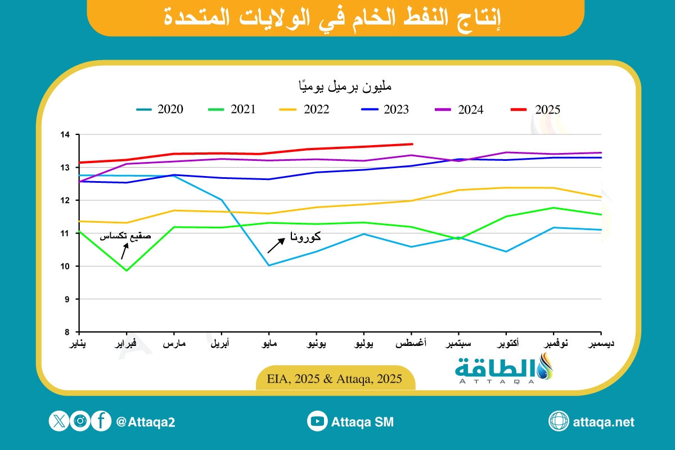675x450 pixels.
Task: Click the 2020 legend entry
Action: (x=160, y=110)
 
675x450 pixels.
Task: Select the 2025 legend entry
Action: (x=537, y=110)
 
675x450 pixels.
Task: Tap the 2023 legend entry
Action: (x=386, y=110)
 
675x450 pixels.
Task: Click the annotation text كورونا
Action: (x=307, y=236)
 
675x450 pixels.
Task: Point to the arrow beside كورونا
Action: (x=276, y=245)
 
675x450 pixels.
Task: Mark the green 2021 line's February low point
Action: (x=127, y=270)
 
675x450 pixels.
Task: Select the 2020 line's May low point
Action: (x=269, y=265)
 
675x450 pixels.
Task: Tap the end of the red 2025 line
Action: (x=412, y=144)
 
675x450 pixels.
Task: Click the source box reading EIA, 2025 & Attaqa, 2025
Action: (x=336, y=379)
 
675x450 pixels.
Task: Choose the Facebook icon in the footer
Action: (x=101, y=421)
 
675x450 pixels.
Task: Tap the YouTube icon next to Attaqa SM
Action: (x=317, y=421)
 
